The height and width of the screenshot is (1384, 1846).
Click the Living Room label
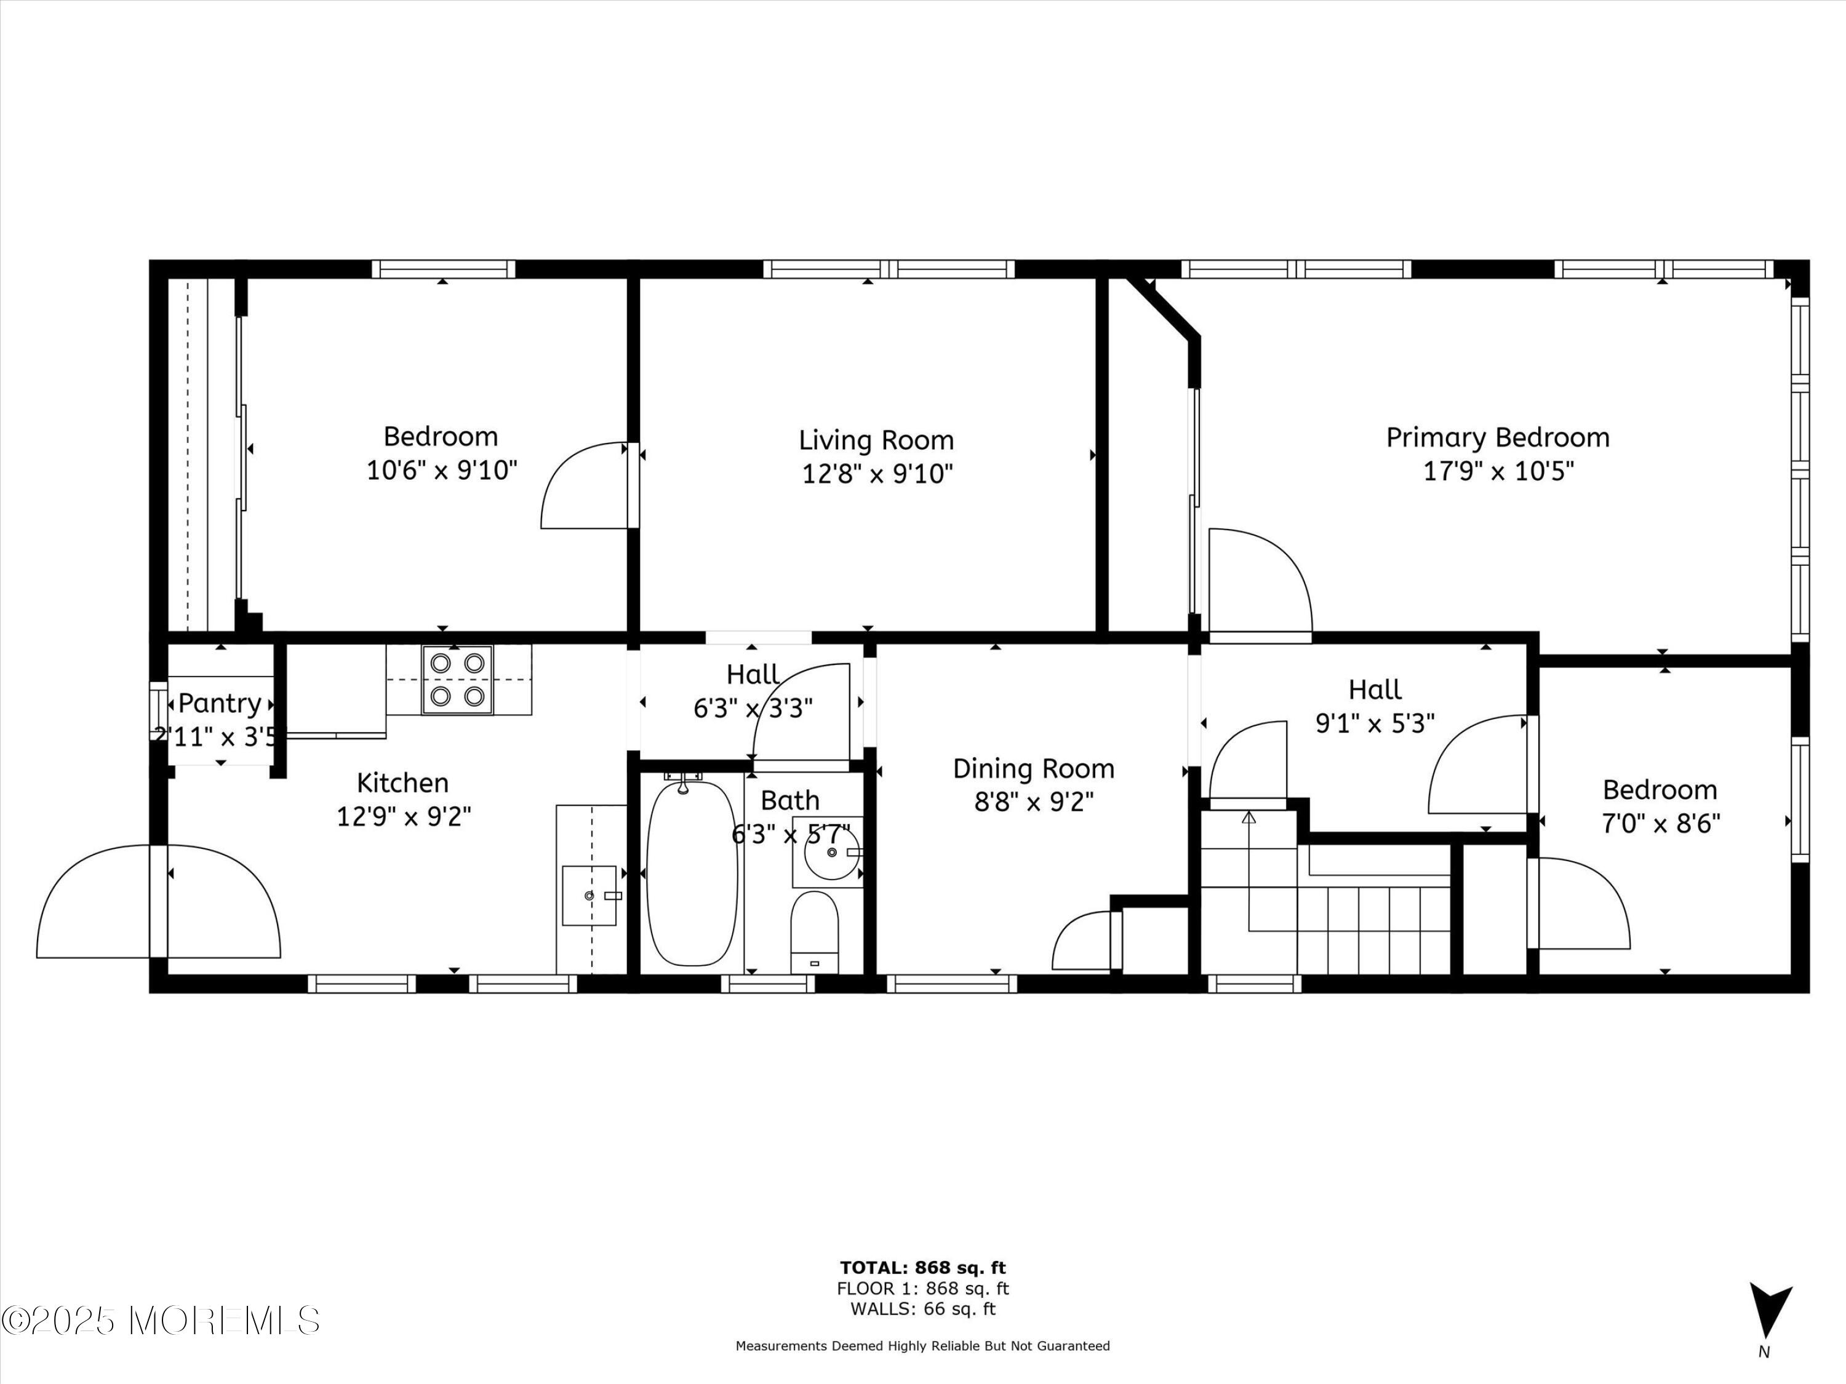point(876,440)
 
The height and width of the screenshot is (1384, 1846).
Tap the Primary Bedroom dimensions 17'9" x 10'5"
point(1498,471)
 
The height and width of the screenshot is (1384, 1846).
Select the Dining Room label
point(1034,768)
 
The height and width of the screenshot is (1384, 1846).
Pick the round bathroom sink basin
point(832,853)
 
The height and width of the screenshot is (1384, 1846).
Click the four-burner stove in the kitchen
point(457,679)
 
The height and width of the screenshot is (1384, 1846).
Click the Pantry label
point(220,703)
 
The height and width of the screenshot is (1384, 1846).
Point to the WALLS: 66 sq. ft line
point(923,1309)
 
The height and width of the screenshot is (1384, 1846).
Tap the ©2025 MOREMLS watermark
point(160,1320)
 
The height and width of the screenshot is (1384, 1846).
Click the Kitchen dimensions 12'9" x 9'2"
point(404,815)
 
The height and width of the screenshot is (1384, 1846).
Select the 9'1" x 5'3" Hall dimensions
point(1375,723)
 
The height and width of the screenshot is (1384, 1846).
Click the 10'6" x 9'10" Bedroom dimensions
point(442,471)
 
